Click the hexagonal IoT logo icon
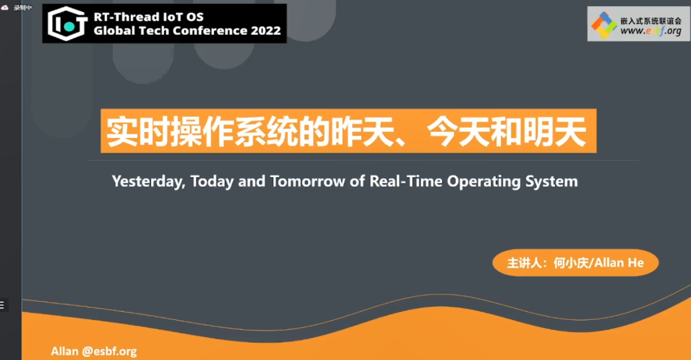[67, 23]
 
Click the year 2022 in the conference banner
[265, 31]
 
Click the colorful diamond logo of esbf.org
[604, 25]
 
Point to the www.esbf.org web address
[651, 31]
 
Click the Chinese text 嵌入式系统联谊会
[651, 20]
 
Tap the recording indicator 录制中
[22, 8]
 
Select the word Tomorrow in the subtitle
[307, 181]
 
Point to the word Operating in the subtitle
[484, 182]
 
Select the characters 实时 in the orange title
[138, 131]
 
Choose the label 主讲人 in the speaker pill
[524, 263]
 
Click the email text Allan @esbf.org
[94, 351]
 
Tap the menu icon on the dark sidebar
[2, 305]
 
